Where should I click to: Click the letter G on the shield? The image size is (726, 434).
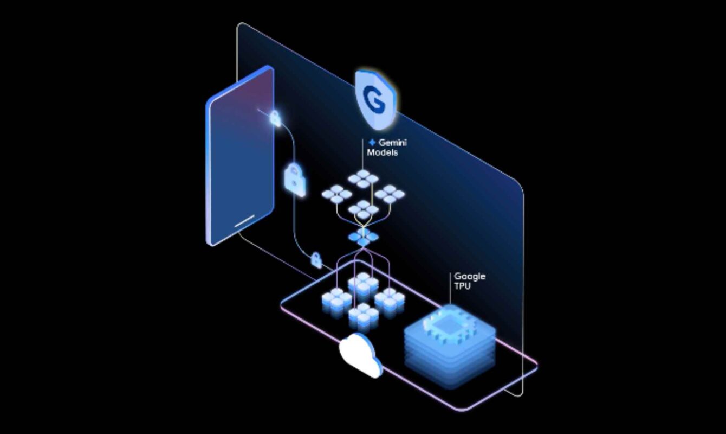(x=374, y=100)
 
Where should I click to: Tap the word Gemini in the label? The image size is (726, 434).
(x=392, y=143)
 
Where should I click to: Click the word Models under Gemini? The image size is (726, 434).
(x=382, y=152)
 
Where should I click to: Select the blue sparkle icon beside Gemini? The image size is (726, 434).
(x=372, y=143)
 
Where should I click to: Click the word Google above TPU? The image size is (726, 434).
(x=470, y=277)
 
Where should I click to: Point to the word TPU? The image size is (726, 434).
(x=462, y=286)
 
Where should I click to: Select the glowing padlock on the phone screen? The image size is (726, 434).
(x=275, y=118)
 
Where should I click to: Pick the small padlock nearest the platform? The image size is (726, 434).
(x=316, y=260)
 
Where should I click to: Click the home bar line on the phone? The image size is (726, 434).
(x=244, y=220)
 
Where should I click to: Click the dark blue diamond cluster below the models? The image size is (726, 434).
(x=364, y=237)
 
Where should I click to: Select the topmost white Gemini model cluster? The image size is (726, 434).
(x=364, y=178)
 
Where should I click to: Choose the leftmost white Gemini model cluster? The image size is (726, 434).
(x=337, y=194)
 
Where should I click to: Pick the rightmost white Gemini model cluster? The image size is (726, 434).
(x=390, y=194)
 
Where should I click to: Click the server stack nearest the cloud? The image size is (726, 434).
(x=364, y=317)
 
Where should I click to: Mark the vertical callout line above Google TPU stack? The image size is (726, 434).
(x=450, y=289)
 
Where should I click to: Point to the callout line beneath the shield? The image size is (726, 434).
(x=362, y=155)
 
